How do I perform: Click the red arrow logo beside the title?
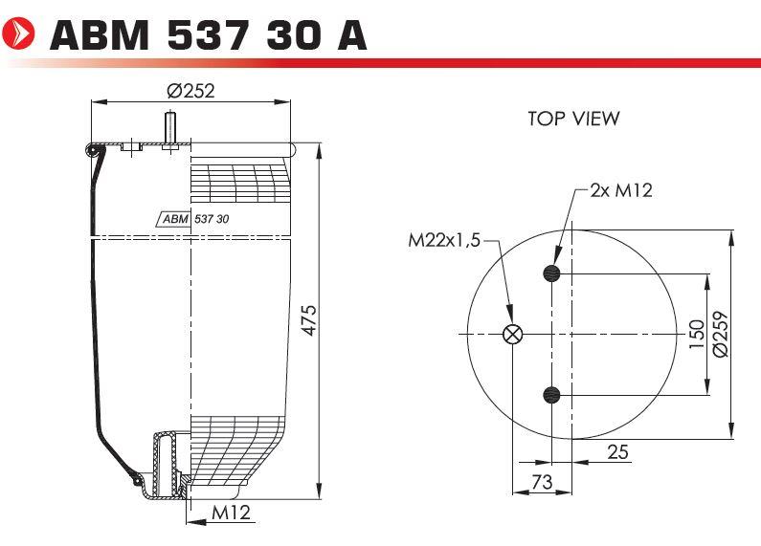(18, 33)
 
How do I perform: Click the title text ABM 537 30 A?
(209, 35)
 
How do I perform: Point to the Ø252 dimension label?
(190, 91)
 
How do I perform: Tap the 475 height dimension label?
(308, 320)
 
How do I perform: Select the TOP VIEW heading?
(573, 119)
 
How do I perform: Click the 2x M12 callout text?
(621, 190)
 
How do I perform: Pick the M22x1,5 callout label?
(444, 240)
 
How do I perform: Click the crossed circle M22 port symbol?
(512, 334)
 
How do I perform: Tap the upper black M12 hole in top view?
(551, 273)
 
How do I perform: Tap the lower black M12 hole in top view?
(551, 395)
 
